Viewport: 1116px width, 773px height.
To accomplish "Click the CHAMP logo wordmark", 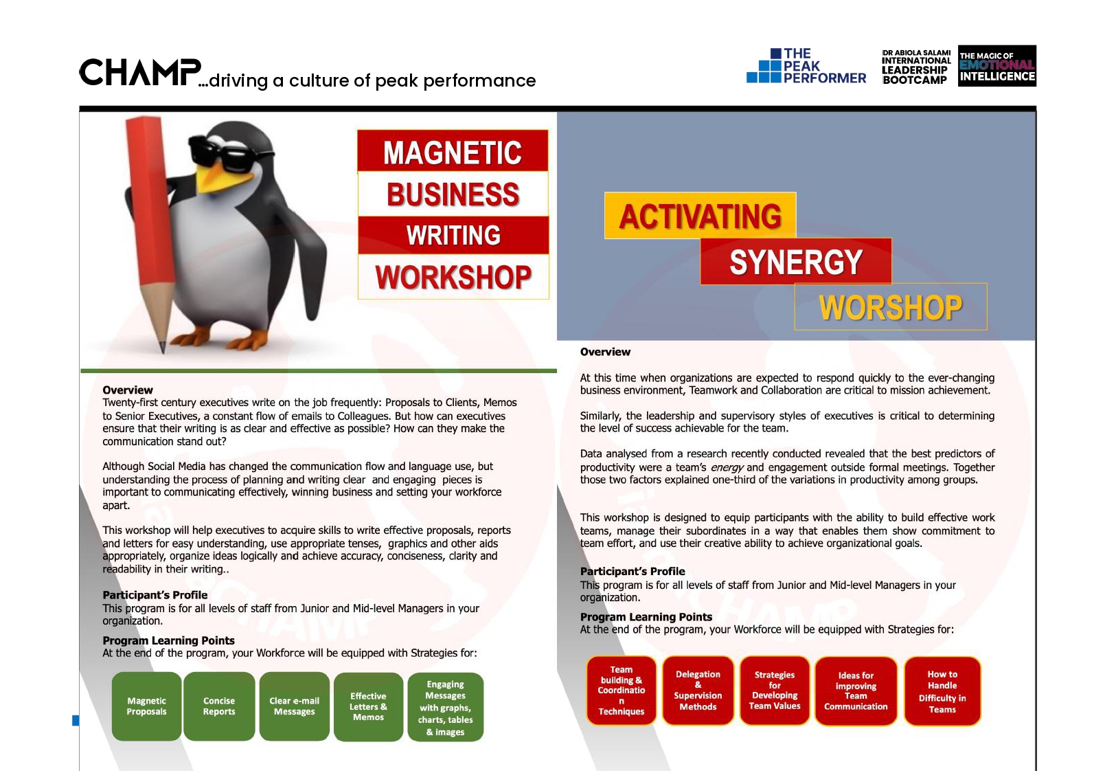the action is pos(140,72).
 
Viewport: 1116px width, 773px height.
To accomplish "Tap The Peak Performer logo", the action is pos(806,65).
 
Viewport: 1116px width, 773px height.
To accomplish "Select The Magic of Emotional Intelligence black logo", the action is pos(997,66).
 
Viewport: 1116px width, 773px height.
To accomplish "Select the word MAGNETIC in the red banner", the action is pos(453,153).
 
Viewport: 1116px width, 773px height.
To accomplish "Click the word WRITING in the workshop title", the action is pos(453,235).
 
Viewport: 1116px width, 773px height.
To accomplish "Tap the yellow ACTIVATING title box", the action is pos(700,215).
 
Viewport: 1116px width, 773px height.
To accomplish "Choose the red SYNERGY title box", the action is pos(796,262).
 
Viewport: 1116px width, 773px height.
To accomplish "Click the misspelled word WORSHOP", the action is pos(890,308).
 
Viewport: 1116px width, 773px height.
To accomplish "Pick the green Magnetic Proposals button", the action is pos(146,706).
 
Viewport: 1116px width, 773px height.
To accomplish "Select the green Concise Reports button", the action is pos(218,706).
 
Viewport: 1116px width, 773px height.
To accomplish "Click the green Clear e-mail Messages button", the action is pos(294,706).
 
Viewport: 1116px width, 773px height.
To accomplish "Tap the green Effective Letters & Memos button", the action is pos(368,706).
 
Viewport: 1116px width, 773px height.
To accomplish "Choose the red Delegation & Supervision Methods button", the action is pos(698,691).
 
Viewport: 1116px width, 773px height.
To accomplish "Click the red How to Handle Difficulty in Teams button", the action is pos(942,691).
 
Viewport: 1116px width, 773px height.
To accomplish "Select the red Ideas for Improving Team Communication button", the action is pos(856,691).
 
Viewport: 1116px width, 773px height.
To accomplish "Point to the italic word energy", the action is pos(727,467).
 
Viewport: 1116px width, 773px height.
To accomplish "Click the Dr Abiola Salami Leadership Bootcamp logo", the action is pos(915,66).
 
